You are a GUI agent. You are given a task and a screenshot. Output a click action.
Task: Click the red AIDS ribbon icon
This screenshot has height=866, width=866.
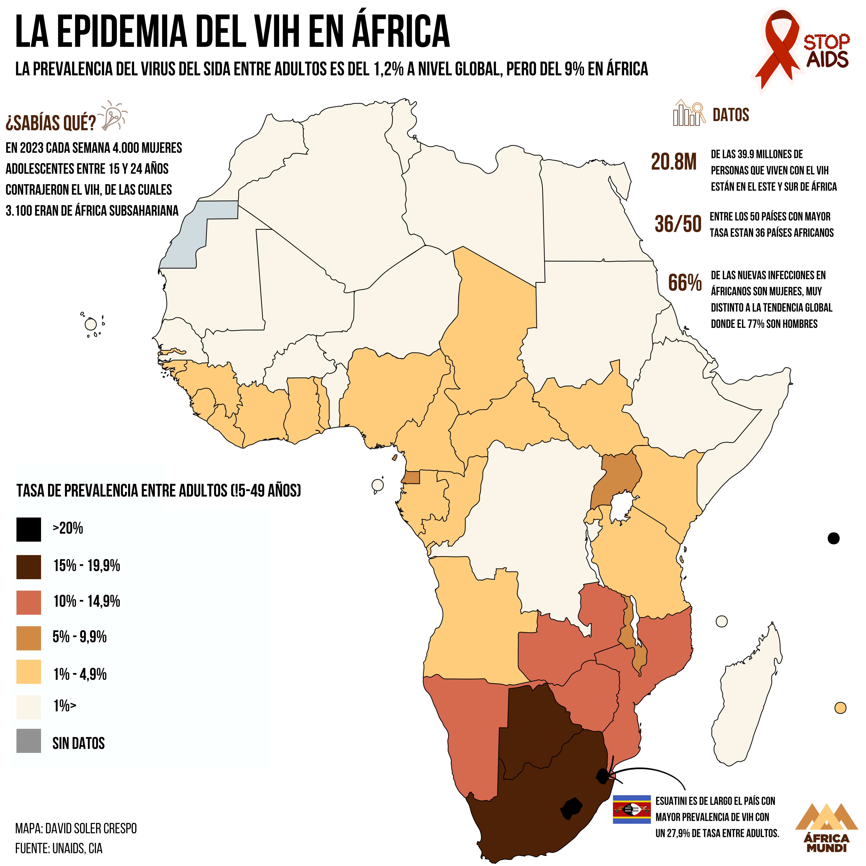pyautogui.click(x=781, y=47)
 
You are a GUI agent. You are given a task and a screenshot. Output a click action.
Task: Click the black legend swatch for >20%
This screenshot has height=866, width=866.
pyautogui.click(x=29, y=529)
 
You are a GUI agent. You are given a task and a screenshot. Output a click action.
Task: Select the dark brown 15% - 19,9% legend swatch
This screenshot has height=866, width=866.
pyautogui.click(x=29, y=567)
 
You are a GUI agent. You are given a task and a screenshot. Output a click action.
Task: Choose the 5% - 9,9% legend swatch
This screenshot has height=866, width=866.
pyautogui.click(x=29, y=638)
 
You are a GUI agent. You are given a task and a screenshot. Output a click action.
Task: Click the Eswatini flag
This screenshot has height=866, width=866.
pyautogui.click(x=631, y=809)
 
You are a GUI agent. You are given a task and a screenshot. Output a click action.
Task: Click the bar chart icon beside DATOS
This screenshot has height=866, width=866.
pyautogui.click(x=688, y=113)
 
